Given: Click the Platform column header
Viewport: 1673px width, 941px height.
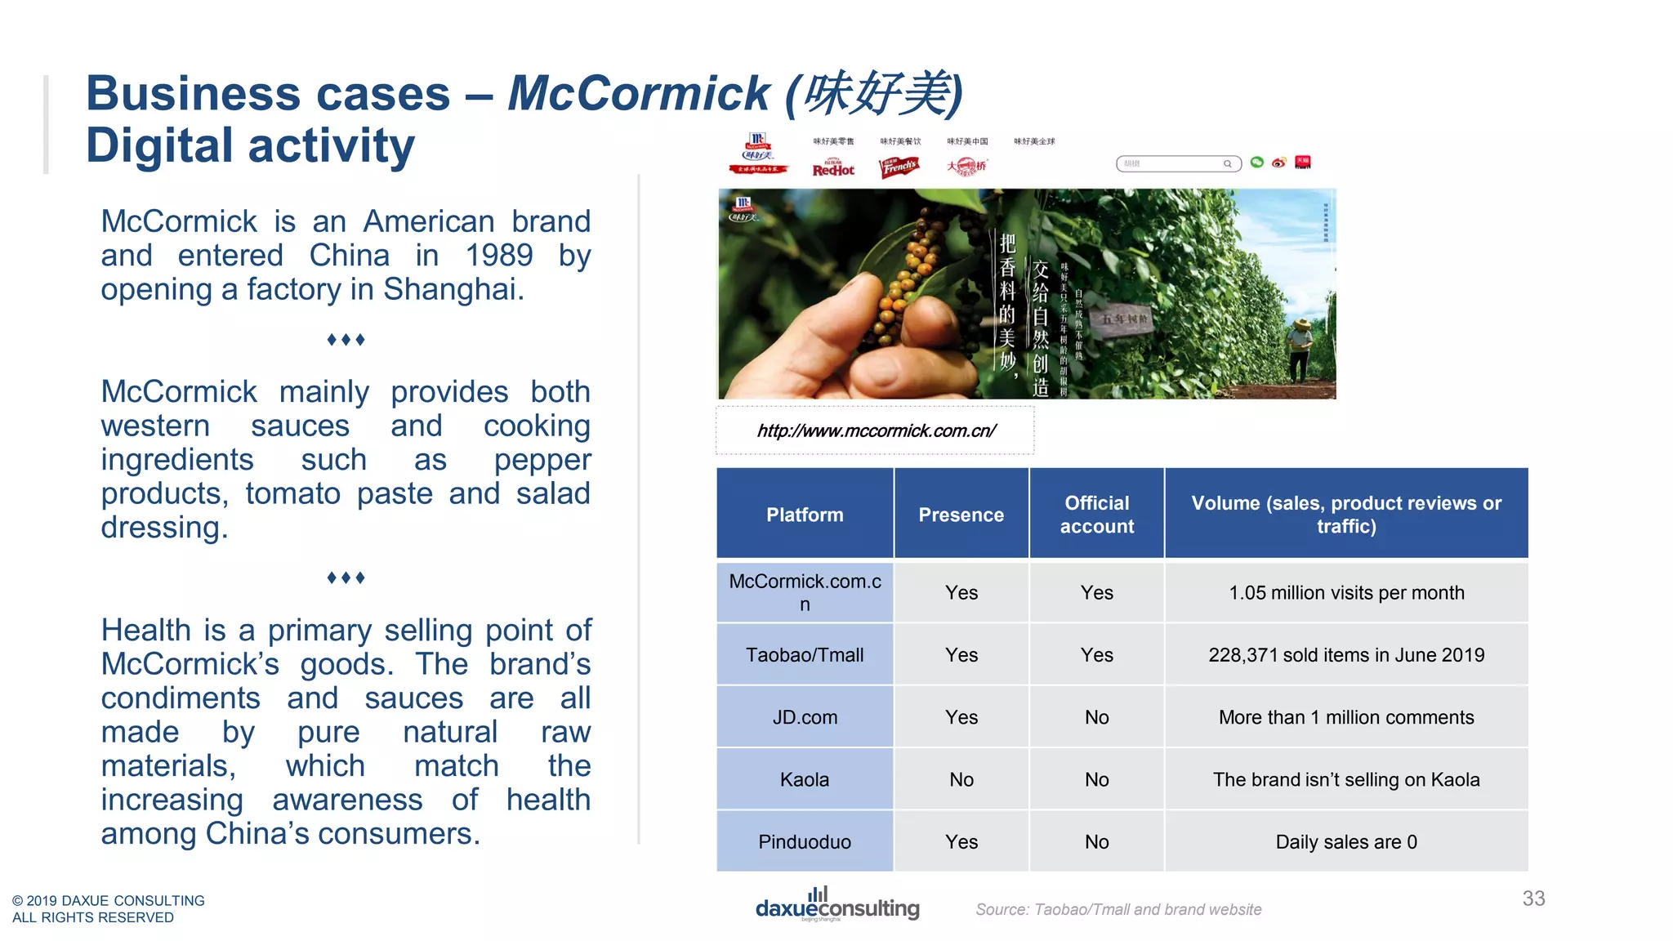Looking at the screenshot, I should pyautogui.click(x=805, y=515).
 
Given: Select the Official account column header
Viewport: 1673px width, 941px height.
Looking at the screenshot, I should pyautogui.click(x=1096, y=515).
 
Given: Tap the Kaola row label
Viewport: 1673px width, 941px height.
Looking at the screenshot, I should pyautogui.click(x=805, y=779).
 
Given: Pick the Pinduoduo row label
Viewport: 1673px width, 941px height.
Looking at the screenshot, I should pyautogui.click(x=805, y=841).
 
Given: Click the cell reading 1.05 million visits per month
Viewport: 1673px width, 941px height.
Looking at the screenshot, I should pyautogui.click(x=1346, y=593).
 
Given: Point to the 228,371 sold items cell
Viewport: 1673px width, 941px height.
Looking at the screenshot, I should pyautogui.click(x=1346, y=655).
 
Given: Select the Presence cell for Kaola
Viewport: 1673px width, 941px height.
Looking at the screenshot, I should pyautogui.click(x=961, y=779).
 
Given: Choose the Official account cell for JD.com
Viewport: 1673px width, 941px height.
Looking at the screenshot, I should pyautogui.click(x=1096, y=717).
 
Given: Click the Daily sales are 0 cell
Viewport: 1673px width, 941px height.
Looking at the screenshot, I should pyautogui.click(x=1346, y=841).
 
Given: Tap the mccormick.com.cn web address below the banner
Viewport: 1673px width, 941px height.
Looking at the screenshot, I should pyautogui.click(x=876, y=430).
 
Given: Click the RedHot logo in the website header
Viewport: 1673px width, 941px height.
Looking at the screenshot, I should pyautogui.click(x=833, y=167).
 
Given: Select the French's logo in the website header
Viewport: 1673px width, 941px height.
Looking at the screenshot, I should pyautogui.click(x=899, y=167).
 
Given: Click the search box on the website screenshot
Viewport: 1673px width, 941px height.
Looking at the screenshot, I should pyautogui.click(x=1176, y=163).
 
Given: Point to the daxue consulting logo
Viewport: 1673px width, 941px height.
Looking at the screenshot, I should pyautogui.click(x=837, y=905).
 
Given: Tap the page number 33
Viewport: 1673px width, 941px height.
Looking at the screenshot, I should pyautogui.click(x=1533, y=899).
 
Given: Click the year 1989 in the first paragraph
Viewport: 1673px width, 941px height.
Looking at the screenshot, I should pyautogui.click(x=498, y=256).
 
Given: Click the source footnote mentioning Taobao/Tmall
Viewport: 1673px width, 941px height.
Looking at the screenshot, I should pyautogui.click(x=1118, y=909).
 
